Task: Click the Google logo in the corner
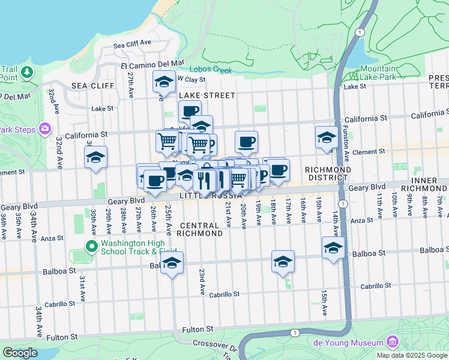(x=20, y=353)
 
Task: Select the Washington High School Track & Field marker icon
(x=91, y=246)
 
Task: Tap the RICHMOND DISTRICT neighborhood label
(x=328, y=174)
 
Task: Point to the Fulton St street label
(x=198, y=329)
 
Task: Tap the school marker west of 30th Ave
(x=95, y=158)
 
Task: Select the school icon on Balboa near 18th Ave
(x=283, y=262)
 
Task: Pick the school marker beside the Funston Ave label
(x=326, y=137)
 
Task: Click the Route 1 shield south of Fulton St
(x=294, y=332)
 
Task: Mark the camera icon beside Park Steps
(x=44, y=129)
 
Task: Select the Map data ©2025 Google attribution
(x=411, y=355)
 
